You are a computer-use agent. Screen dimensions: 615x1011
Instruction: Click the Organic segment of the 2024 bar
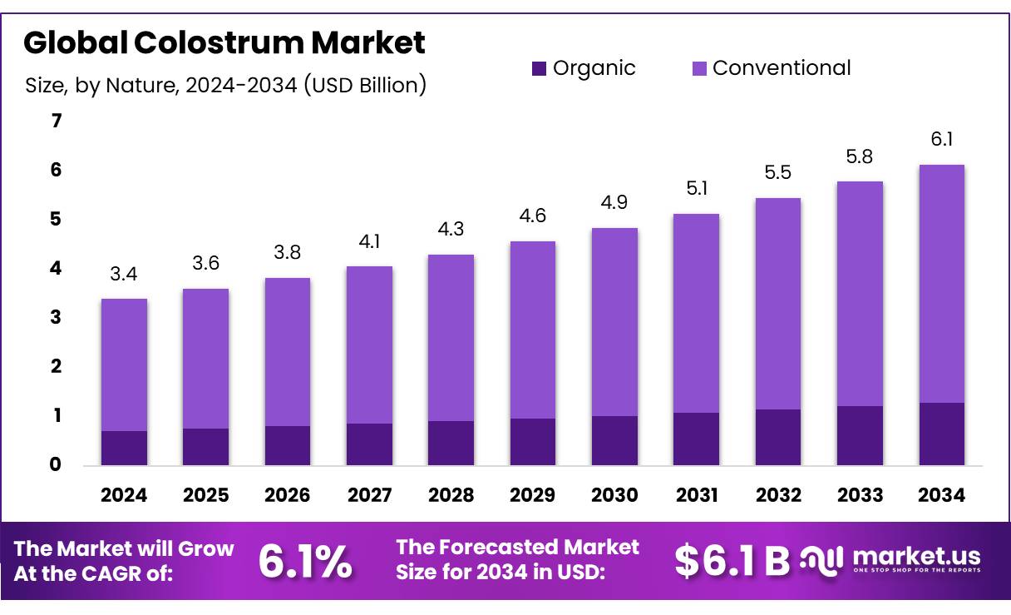[x=124, y=448]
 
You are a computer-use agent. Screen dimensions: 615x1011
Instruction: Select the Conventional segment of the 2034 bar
[x=941, y=284]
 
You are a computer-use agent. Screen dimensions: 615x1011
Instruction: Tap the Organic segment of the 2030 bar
[x=614, y=440]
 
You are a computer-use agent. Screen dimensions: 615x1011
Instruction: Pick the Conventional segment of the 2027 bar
[x=369, y=345]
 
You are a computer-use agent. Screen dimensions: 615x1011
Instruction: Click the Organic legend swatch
[x=539, y=69]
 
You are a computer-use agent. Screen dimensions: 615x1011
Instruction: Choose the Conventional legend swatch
[x=699, y=69]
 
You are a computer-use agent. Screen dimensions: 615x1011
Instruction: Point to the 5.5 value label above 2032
[x=777, y=173]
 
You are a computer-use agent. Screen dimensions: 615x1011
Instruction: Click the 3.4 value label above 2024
[x=124, y=274]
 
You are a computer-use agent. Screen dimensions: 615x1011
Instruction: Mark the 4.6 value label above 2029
[x=532, y=216]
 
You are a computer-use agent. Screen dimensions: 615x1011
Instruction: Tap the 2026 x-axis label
[x=288, y=495]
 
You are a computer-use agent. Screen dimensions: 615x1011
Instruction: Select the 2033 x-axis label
[x=860, y=495]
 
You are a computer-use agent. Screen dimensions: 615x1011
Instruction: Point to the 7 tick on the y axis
[x=57, y=122]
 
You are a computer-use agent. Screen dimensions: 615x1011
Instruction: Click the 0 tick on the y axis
[x=57, y=464]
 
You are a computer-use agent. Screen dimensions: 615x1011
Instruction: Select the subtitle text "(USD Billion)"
[x=365, y=85]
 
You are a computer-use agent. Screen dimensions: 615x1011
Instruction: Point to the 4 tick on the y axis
[x=57, y=268]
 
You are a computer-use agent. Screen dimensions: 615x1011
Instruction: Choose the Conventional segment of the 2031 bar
[x=696, y=313]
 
